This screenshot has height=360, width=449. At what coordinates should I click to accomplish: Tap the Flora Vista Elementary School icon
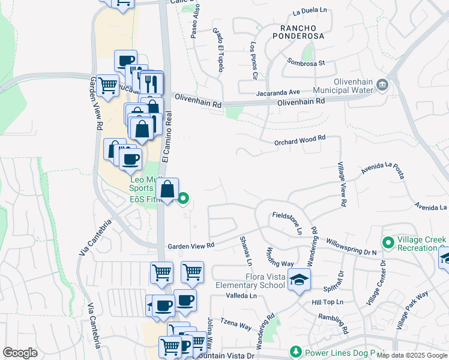pos(299,280)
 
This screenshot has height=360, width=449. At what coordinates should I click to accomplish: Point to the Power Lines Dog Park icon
pos(295,352)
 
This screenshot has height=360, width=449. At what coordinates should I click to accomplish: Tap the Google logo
pos(20,353)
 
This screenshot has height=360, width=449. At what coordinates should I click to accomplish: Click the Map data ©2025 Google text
pos(412,356)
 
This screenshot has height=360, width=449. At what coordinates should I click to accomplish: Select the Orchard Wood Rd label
pos(300,138)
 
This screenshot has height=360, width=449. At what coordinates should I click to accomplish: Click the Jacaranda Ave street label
pos(277,92)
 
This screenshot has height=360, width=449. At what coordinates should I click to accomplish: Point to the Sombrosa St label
pos(306,62)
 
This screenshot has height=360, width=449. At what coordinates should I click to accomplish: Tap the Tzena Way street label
pos(236,325)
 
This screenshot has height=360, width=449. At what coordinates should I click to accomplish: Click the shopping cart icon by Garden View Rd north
pos(107,86)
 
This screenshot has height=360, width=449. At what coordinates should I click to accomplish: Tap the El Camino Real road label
pos(168,137)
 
